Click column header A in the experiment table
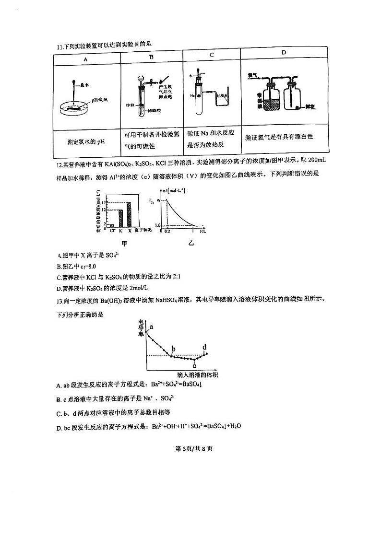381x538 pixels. tap(86, 59)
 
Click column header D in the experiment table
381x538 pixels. tap(284, 52)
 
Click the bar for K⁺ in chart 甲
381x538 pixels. tap(120, 218)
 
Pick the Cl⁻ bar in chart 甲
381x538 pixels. tap(112, 225)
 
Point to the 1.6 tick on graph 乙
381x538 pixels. tap(157, 225)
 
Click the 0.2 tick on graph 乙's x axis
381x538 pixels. tap(167, 231)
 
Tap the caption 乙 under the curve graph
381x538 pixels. tap(191, 244)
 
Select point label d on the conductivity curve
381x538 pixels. tap(205, 347)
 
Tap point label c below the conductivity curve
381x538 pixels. tap(194, 365)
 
